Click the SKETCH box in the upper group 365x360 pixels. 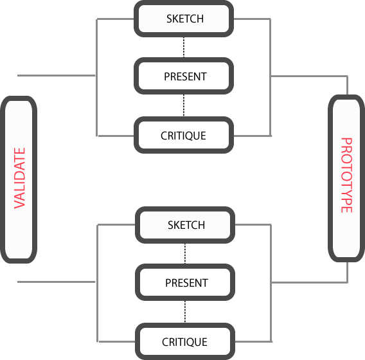pos(184,19)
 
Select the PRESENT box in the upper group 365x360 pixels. pos(184,76)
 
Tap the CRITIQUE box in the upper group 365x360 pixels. pos(184,135)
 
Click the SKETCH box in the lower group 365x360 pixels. pos(185,225)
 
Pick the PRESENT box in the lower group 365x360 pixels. pos(185,282)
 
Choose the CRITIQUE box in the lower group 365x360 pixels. pos(185,341)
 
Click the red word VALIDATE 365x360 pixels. pos(19,178)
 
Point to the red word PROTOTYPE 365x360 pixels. pos(346,175)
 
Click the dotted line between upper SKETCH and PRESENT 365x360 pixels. pos(184,48)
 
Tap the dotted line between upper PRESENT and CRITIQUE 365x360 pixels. pos(184,105)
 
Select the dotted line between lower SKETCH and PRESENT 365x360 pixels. pos(185,253)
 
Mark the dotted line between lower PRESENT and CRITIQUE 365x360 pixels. pos(185,312)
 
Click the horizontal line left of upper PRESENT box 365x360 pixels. pos(57,75)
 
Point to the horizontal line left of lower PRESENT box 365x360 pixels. pos(57,282)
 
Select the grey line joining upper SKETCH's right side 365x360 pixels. pos(252,19)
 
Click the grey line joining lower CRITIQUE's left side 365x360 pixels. pos(117,341)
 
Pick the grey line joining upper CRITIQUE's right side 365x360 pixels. pos(253,136)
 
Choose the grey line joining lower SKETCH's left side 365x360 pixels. pos(116,225)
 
